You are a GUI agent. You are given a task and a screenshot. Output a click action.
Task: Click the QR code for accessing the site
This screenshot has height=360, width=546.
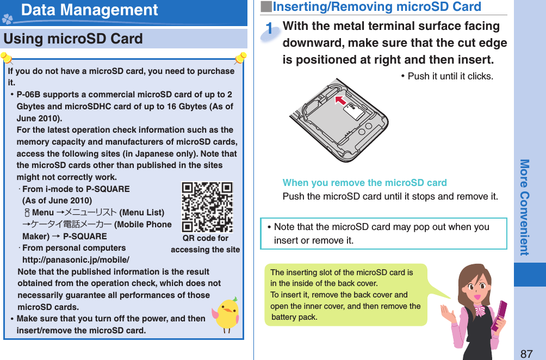coord(207,207)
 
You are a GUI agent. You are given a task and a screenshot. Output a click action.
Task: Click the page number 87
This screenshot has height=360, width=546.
coord(526,353)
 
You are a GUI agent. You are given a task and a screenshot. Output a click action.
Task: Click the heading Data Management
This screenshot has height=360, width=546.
coord(90,10)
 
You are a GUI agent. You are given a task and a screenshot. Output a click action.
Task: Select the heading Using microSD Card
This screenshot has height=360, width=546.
coord(73,39)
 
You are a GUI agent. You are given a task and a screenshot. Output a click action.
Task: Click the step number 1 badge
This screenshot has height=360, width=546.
coord(270,30)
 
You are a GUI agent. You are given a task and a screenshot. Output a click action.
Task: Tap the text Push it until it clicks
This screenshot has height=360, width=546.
coord(446,76)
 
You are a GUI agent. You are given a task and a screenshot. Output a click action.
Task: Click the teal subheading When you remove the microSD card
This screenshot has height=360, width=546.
coord(364,183)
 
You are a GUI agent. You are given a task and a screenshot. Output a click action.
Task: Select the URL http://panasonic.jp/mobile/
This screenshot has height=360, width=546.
coord(76,259)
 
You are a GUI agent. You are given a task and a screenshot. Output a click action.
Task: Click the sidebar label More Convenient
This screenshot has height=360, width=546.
coord(524,207)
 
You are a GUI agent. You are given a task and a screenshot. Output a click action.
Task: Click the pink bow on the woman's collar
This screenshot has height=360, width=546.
coord(479,311)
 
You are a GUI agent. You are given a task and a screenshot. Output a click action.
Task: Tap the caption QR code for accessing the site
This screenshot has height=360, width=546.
coord(205,244)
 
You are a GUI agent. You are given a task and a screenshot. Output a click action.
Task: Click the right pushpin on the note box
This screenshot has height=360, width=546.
coord(240,57)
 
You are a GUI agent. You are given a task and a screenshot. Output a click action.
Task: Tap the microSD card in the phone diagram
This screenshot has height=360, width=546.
coord(355,112)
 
